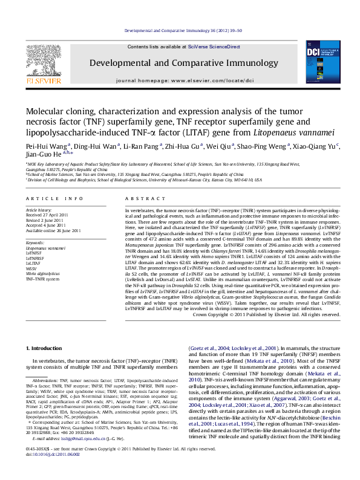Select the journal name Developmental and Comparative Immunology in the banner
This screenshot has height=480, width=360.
(x=179, y=62)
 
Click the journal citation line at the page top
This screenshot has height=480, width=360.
(x=179, y=30)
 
